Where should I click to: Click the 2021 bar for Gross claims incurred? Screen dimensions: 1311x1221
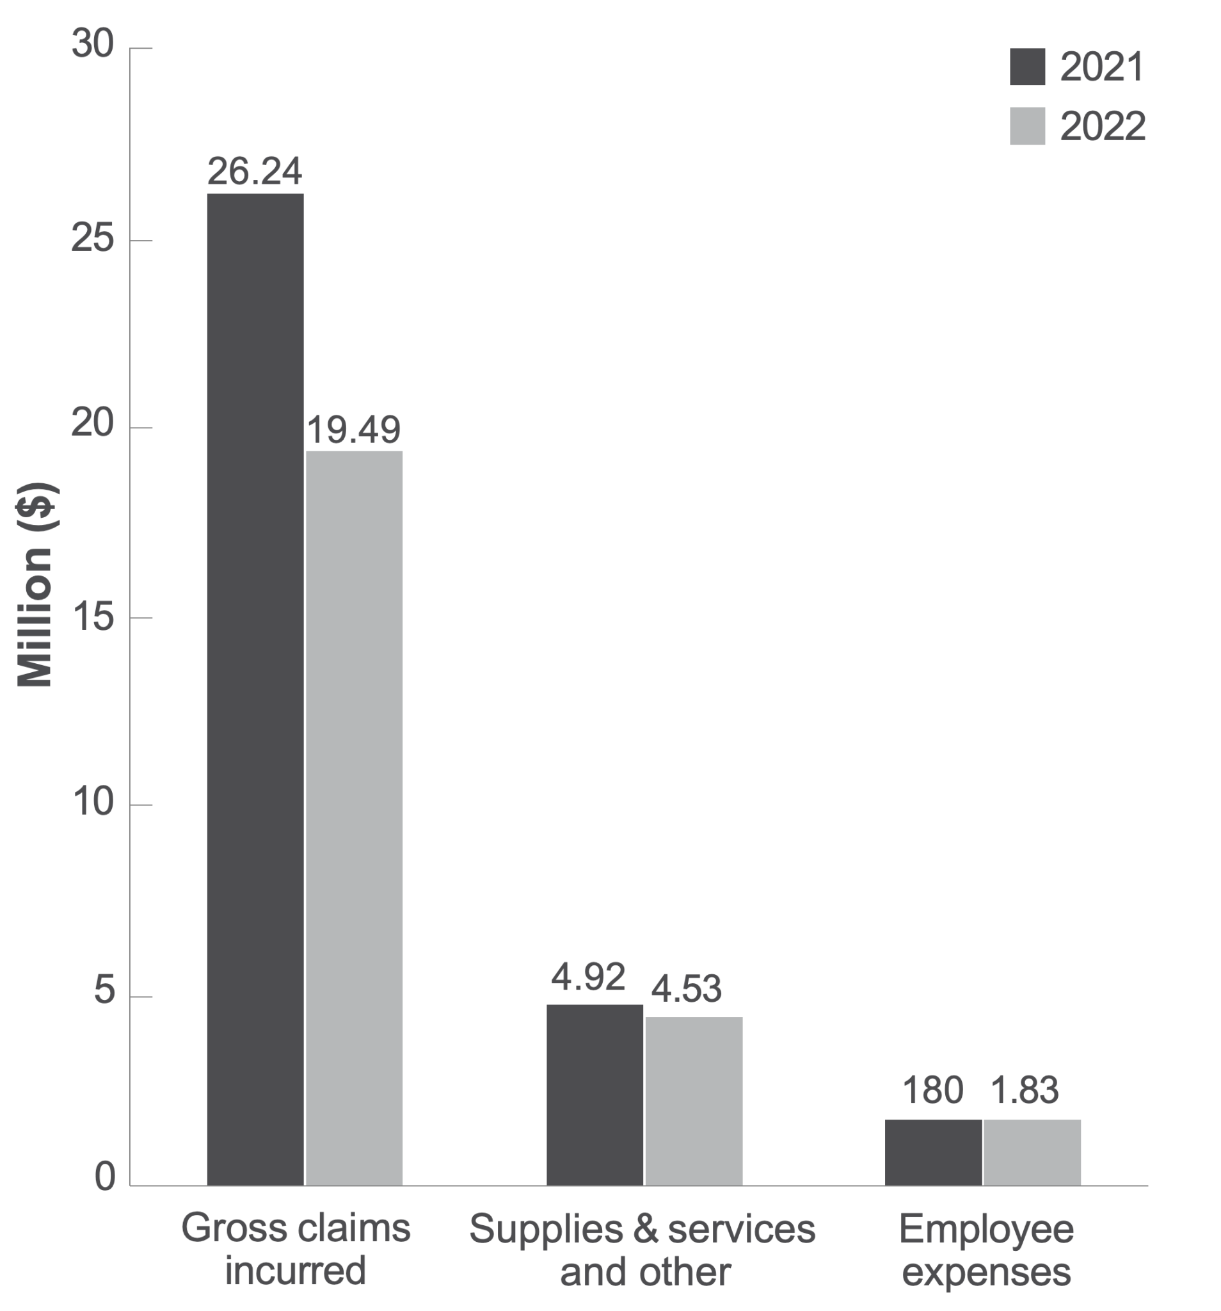coord(255,689)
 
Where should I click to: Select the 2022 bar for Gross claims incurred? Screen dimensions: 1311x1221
coord(354,817)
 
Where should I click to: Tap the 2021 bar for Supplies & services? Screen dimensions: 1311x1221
coord(594,1095)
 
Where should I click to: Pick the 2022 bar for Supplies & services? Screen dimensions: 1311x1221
coord(694,1101)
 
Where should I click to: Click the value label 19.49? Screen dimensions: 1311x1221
coord(353,430)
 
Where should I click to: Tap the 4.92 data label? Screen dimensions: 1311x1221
coord(588,977)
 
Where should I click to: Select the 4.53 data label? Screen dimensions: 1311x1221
coord(686,989)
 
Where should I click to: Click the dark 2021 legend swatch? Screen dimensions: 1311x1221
coord(1026,67)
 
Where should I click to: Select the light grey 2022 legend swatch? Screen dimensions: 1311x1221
coord(1026,126)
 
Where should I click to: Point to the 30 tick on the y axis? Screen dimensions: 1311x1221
coord(92,45)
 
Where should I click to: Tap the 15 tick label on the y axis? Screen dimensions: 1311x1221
coord(92,617)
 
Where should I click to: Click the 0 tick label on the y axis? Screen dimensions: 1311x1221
coord(104,1177)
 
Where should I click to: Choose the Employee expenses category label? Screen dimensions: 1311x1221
coord(986,1250)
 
